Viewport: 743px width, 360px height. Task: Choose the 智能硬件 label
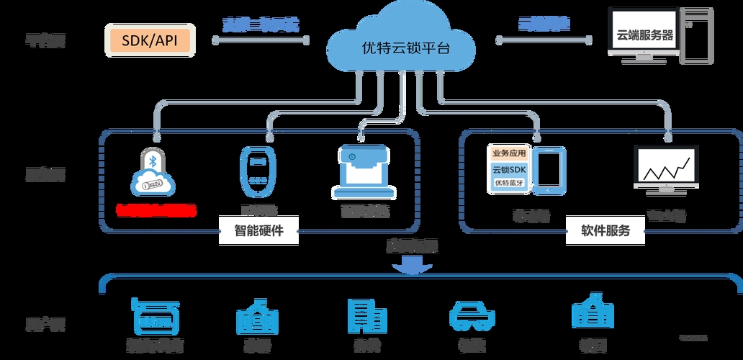pos(258,231)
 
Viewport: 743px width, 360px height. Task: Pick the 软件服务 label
pos(605,231)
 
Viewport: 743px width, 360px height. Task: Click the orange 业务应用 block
pos(510,153)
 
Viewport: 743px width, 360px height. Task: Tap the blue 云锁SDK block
pos(510,169)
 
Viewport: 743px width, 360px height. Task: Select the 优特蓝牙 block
pos(510,184)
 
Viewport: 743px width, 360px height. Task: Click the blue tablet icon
pos(551,171)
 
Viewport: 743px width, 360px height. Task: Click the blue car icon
pos(472,317)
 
